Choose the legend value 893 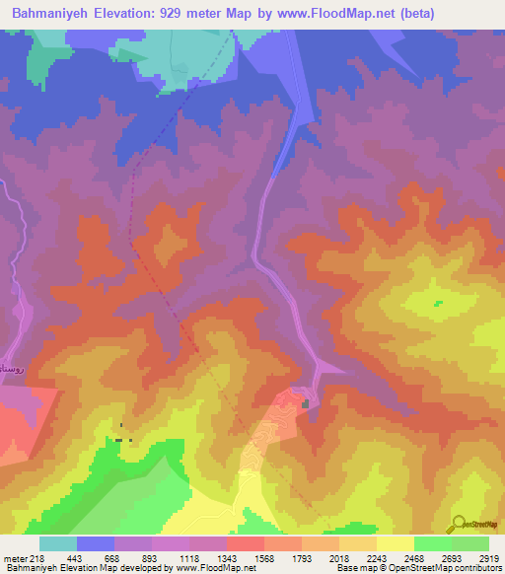click(152, 557)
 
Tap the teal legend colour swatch click(57, 543)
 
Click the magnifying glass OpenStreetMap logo click(460, 524)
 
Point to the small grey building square click(306, 402)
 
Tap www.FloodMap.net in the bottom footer click(212, 569)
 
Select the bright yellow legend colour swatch click(395, 543)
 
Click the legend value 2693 click(450, 557)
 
